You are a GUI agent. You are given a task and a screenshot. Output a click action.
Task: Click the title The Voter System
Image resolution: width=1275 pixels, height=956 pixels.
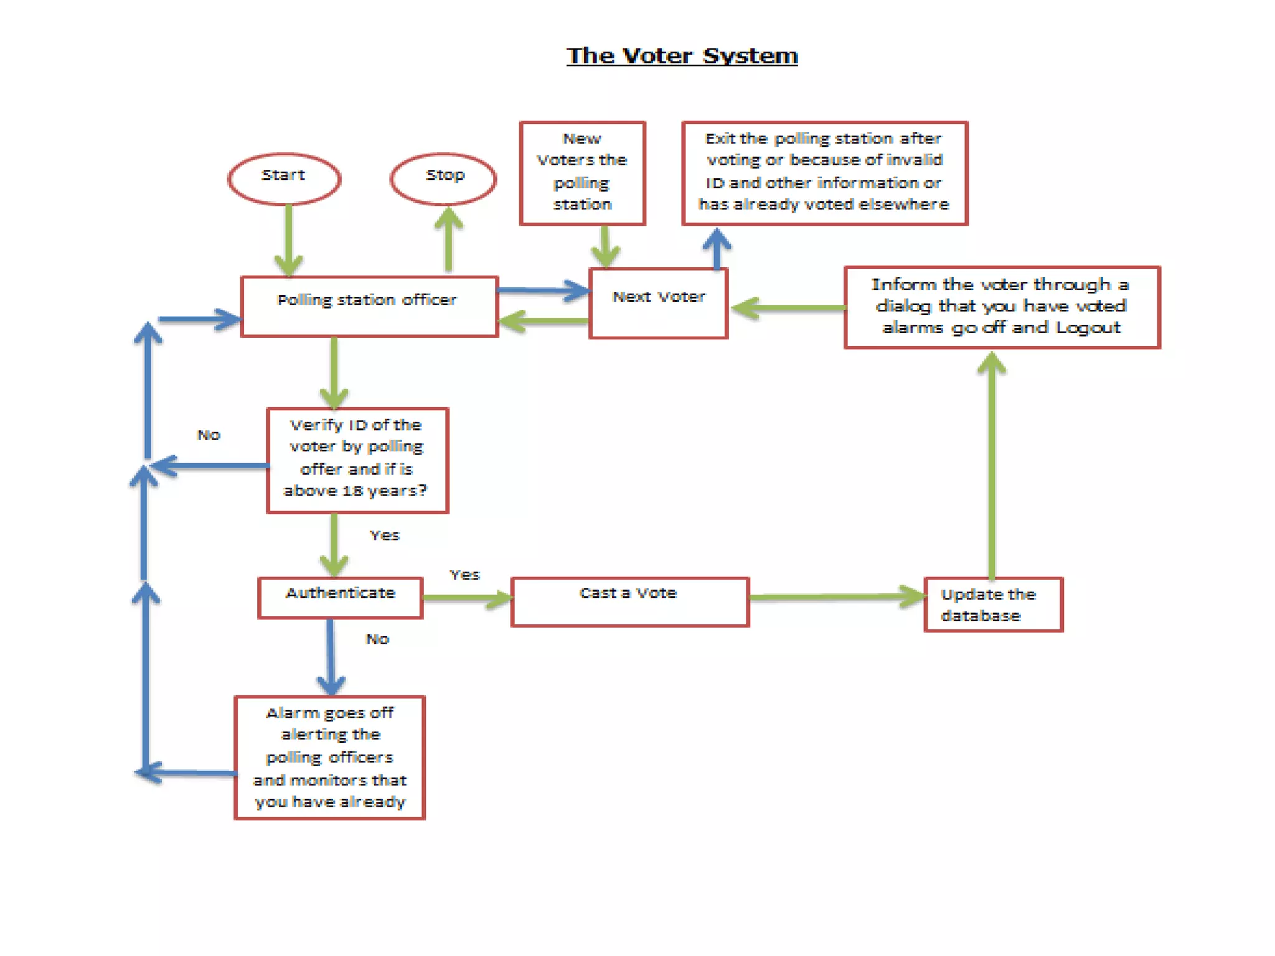(x=682, y=56)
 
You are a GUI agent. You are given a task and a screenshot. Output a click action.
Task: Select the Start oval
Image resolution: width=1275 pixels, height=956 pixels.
(x=284, y=178)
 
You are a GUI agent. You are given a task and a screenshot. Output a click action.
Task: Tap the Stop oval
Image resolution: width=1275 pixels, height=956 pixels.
(x=443, y=178)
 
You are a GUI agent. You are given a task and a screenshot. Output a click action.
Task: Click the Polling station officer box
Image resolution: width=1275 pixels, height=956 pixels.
(x=369, y=306)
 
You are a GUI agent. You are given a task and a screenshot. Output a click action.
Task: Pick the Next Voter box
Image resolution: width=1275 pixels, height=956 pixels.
(x=658, y=303)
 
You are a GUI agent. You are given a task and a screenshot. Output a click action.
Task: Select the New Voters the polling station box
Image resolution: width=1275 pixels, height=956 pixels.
(x=582, y=172)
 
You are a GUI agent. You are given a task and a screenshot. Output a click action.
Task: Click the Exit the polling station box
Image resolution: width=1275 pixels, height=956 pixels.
(x=824, y=172)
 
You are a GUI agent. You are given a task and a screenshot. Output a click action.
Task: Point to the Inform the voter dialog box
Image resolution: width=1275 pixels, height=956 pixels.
(x=1002, y=307)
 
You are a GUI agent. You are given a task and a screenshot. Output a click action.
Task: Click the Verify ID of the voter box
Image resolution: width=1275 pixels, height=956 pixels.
(x=357, y=459)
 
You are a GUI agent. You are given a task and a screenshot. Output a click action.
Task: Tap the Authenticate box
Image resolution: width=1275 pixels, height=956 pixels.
(x=340, y=597)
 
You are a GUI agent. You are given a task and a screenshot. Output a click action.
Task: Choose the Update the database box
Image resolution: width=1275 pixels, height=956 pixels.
(x=993, y=604)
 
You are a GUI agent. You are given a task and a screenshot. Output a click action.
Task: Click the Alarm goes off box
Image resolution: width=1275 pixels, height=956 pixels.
(x=329, y=757)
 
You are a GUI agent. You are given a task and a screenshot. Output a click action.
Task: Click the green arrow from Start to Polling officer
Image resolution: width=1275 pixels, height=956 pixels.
(x=289, y=240)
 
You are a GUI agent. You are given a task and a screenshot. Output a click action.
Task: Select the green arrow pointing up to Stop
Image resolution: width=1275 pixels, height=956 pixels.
(x=448, y=240)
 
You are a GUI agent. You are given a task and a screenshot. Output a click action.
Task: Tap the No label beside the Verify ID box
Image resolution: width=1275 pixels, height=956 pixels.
(x=209, y=434)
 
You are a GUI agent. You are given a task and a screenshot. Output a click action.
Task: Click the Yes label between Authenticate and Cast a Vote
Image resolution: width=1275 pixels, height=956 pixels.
(x=464, y=574)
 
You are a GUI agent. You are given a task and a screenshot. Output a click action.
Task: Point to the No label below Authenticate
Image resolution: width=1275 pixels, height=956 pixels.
(x=377, y=639)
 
